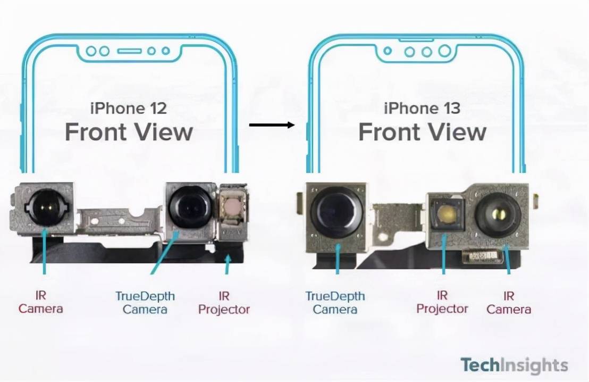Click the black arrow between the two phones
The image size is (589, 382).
pyautogui.click(x=272, y=125)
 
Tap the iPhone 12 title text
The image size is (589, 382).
pyautogui.click(x=129, y=109)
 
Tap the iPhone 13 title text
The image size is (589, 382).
pyautogui.click(x=422, y=109)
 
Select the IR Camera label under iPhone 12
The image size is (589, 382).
pyautogui.click(x=40, y=302)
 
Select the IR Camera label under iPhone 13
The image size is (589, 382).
pyautogui.click(x=509, y=302)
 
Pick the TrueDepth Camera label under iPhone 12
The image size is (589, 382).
pyautogui.click(x=145, y=303)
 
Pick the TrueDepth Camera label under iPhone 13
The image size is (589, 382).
pyautogui.click(x=335, y=303)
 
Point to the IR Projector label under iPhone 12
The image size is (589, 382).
pyautogui.click(x=224, y=303)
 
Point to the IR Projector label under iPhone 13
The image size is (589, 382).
pyautogui.click(x=442, y=302)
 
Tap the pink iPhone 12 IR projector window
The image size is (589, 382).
pyautogui.click(x=232, y=206)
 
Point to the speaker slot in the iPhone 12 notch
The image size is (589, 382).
pyautogui.click(x=129, y=51)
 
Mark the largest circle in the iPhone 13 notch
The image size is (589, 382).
pyautogui.click(x=444, y=51)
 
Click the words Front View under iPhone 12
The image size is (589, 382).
pyautogui.click(x=129, y=132)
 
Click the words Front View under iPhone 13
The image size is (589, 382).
pyautogui.click(x=422, y=132)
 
